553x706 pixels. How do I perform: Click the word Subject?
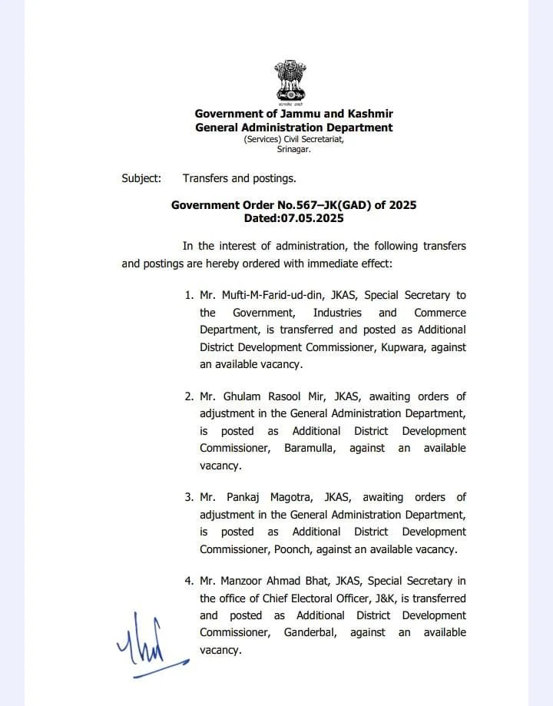point(141,178)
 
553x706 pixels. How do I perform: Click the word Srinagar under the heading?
point(294,149)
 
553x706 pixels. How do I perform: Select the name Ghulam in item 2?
point(243,396)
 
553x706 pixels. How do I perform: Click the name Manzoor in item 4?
point(245,582)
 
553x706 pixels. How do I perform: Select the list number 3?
point(189,497)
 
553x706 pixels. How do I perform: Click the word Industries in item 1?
point(336,313)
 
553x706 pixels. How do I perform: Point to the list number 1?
point(189,296)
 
